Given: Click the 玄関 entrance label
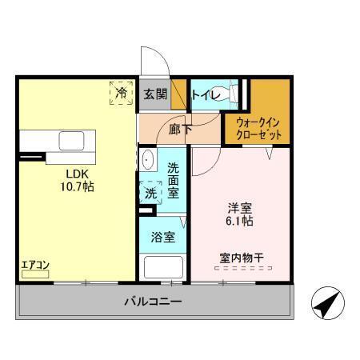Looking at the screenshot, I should (155, 94).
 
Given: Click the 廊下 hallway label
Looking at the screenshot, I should (180, 129).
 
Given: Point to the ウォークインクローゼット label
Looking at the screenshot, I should (259, 129).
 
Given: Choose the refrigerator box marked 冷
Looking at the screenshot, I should (122, 94).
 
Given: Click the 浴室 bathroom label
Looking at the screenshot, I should (163, 238).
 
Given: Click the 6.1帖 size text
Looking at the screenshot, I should (240, 220).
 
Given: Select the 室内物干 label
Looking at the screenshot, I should (242, 258).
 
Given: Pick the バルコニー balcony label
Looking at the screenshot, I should (152, 302).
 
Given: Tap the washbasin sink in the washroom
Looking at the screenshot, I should (148, 161).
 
